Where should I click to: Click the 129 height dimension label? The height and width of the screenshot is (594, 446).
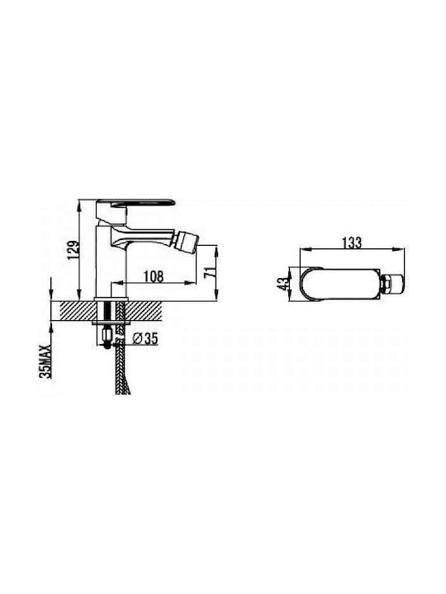pos(74,251)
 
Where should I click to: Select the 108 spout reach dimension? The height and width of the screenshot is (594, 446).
pos(154,276)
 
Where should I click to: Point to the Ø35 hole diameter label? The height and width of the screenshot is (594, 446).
pos(146,338)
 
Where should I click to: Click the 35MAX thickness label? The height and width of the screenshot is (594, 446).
pos(45,361)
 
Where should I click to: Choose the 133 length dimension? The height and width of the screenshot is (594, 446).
pos(352,243)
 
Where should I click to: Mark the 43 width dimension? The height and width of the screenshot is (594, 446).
pos(282,284)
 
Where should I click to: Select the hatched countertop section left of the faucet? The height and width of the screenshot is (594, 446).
pos(77,311)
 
